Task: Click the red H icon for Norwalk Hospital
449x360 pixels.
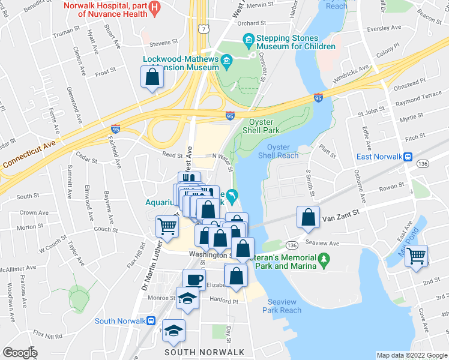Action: (155, 8)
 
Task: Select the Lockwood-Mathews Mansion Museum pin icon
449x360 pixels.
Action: (226, 60)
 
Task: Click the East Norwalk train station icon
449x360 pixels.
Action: (408, 157)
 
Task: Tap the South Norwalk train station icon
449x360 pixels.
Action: (151, 321)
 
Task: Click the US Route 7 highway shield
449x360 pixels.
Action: (206, 29)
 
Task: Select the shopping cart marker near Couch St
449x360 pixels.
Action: (167, 226)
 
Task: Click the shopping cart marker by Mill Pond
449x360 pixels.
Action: (415, 256)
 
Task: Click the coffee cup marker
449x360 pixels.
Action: (194, 280)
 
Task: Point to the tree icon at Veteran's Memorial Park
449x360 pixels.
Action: (325, 259)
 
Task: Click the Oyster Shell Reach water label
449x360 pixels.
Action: (278, 151)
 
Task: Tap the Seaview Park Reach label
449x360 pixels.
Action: (282, 306)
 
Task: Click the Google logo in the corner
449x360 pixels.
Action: (20, 353)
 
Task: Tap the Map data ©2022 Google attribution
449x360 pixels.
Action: (411, 355)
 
